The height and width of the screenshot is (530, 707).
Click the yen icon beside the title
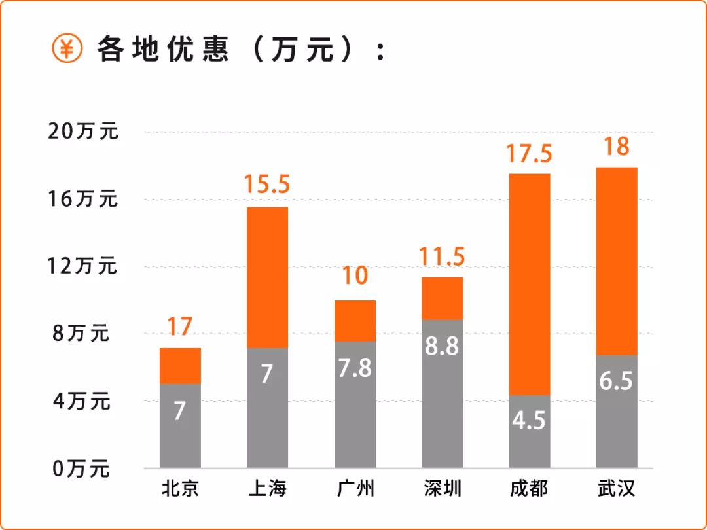(x=67, y=49)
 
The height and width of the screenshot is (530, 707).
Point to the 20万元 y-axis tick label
(x=84, y=132)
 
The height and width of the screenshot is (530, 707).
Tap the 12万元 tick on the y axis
(x=82, y=266)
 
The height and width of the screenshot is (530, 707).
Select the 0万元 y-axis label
(x=82, y=468)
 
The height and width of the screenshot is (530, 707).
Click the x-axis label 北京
(x=180, y=489)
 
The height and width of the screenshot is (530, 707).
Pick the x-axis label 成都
(x=529, y=489)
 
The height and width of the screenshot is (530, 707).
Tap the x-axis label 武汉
(x=617, y=489)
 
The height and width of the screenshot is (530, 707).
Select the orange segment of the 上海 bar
(x=267, y=277)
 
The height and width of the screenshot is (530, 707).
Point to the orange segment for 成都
(x=529, y=284)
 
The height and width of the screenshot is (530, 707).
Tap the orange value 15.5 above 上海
(x=267, y=185)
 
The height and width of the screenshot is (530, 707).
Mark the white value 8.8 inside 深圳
(x=442, y=346)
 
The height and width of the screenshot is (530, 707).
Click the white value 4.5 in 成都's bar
(x=529, y=420)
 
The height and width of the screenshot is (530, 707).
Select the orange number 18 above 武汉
(x=616, y=147)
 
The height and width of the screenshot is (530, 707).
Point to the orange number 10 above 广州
(x=355, y=276)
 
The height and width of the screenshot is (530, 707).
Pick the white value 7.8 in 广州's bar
(x=355, y=368)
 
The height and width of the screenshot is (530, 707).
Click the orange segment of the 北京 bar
(x=180, y=366)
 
